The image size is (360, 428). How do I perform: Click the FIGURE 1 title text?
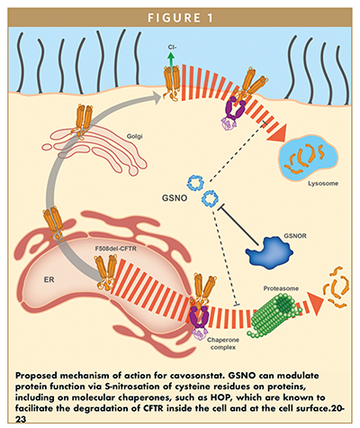pos(180,18)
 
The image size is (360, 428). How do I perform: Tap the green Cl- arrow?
pos(171,59)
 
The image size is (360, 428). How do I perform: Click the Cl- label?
pos(172,47)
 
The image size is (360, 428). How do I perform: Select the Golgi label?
pos(134,136)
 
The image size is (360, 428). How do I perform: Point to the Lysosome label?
pos(323,183)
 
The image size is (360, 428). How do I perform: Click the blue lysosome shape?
pos(309,159)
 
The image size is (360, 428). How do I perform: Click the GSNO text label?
pos(175,198)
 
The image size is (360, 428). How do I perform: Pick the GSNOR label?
pos(295,236)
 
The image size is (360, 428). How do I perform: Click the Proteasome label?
pos(281,288)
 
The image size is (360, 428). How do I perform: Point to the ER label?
pos(49,279)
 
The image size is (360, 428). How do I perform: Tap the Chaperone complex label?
pos(223,343)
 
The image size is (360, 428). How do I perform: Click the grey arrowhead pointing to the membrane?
pos(156,97)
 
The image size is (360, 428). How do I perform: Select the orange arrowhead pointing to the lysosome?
pos(277,134)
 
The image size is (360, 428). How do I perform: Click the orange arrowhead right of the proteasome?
pos(316,303)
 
